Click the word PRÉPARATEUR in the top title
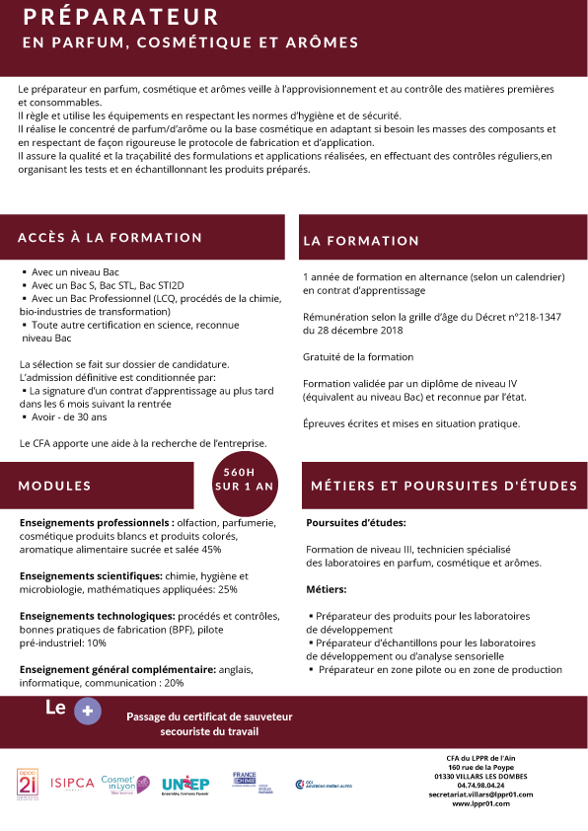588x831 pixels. [x=121, y=18]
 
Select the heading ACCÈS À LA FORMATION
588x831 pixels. [x=110, y=238]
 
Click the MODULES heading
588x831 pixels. [x=54, y=486]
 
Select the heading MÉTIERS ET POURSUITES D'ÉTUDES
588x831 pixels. [x=444, y=486]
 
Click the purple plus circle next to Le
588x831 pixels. [x=88, y=711]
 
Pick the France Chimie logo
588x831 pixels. [x=245, y=783]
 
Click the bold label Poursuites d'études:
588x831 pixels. [x=356, y=523]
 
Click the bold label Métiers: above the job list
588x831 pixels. [x=327, y=589]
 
